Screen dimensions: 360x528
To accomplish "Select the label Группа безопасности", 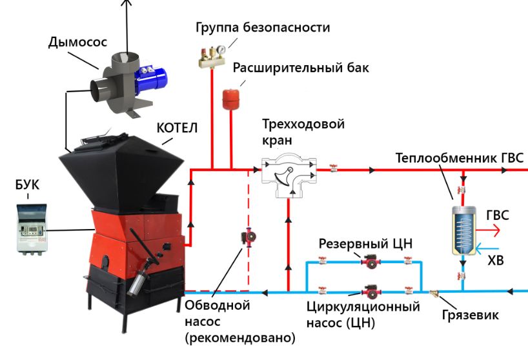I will point(263,28).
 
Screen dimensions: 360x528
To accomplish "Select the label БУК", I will point(27,186).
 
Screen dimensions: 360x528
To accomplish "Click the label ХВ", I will point(495,261).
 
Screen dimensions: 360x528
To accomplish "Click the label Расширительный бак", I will point(301,68).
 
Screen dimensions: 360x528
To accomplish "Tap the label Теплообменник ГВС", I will point(461,158).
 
